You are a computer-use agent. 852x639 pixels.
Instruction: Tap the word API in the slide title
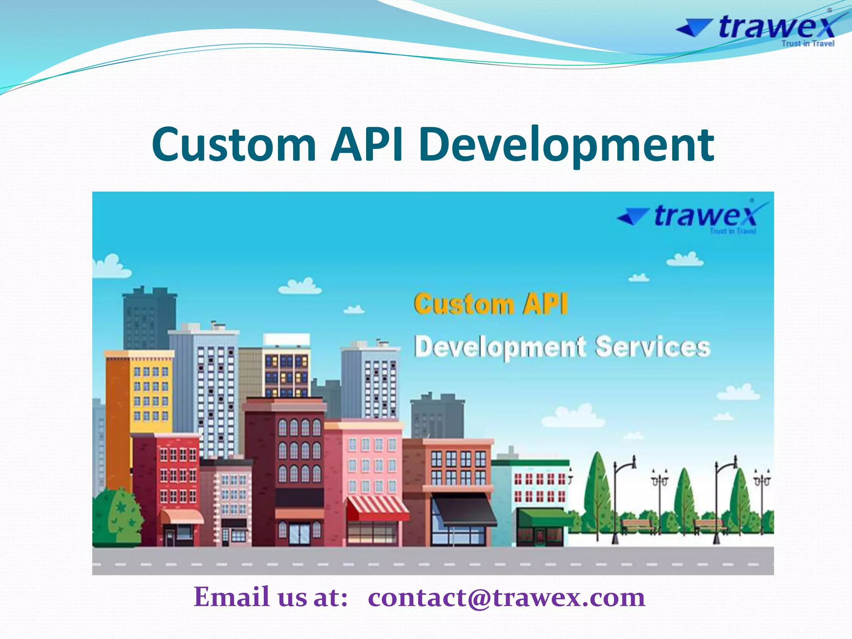pos(367,144)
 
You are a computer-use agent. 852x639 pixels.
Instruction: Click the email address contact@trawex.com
pos(506,597)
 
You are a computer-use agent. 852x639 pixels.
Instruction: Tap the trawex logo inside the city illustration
pos(693,216)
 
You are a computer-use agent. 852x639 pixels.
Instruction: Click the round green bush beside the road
pos(117,516)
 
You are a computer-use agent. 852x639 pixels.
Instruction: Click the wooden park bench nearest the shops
pos(637,525)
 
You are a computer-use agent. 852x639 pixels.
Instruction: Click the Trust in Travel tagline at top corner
pos(807,44)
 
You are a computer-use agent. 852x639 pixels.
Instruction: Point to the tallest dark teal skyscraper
pos(149,318)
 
